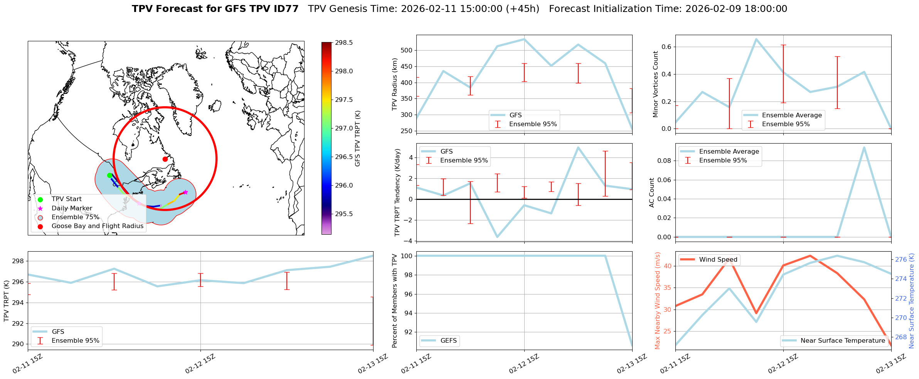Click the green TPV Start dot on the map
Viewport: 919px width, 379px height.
point(109,175)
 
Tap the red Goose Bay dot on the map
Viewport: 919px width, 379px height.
point(165,159)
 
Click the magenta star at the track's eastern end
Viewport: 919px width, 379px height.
point(185,192)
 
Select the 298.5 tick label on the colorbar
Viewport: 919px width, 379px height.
point(344,42)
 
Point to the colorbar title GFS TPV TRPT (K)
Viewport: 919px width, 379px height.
point(358,138)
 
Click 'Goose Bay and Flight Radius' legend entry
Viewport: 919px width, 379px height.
point(97,226)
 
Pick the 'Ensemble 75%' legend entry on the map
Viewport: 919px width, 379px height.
point(75,217)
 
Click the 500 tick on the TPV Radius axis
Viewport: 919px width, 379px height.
point(407,51)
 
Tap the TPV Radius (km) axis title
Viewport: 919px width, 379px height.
point(394,84)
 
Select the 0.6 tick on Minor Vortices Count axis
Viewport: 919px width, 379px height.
point(666,47)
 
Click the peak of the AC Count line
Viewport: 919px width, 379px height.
point(864,147)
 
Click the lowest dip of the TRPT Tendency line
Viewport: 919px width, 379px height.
point(497,237)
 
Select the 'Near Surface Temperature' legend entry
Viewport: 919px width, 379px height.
point(842,341)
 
